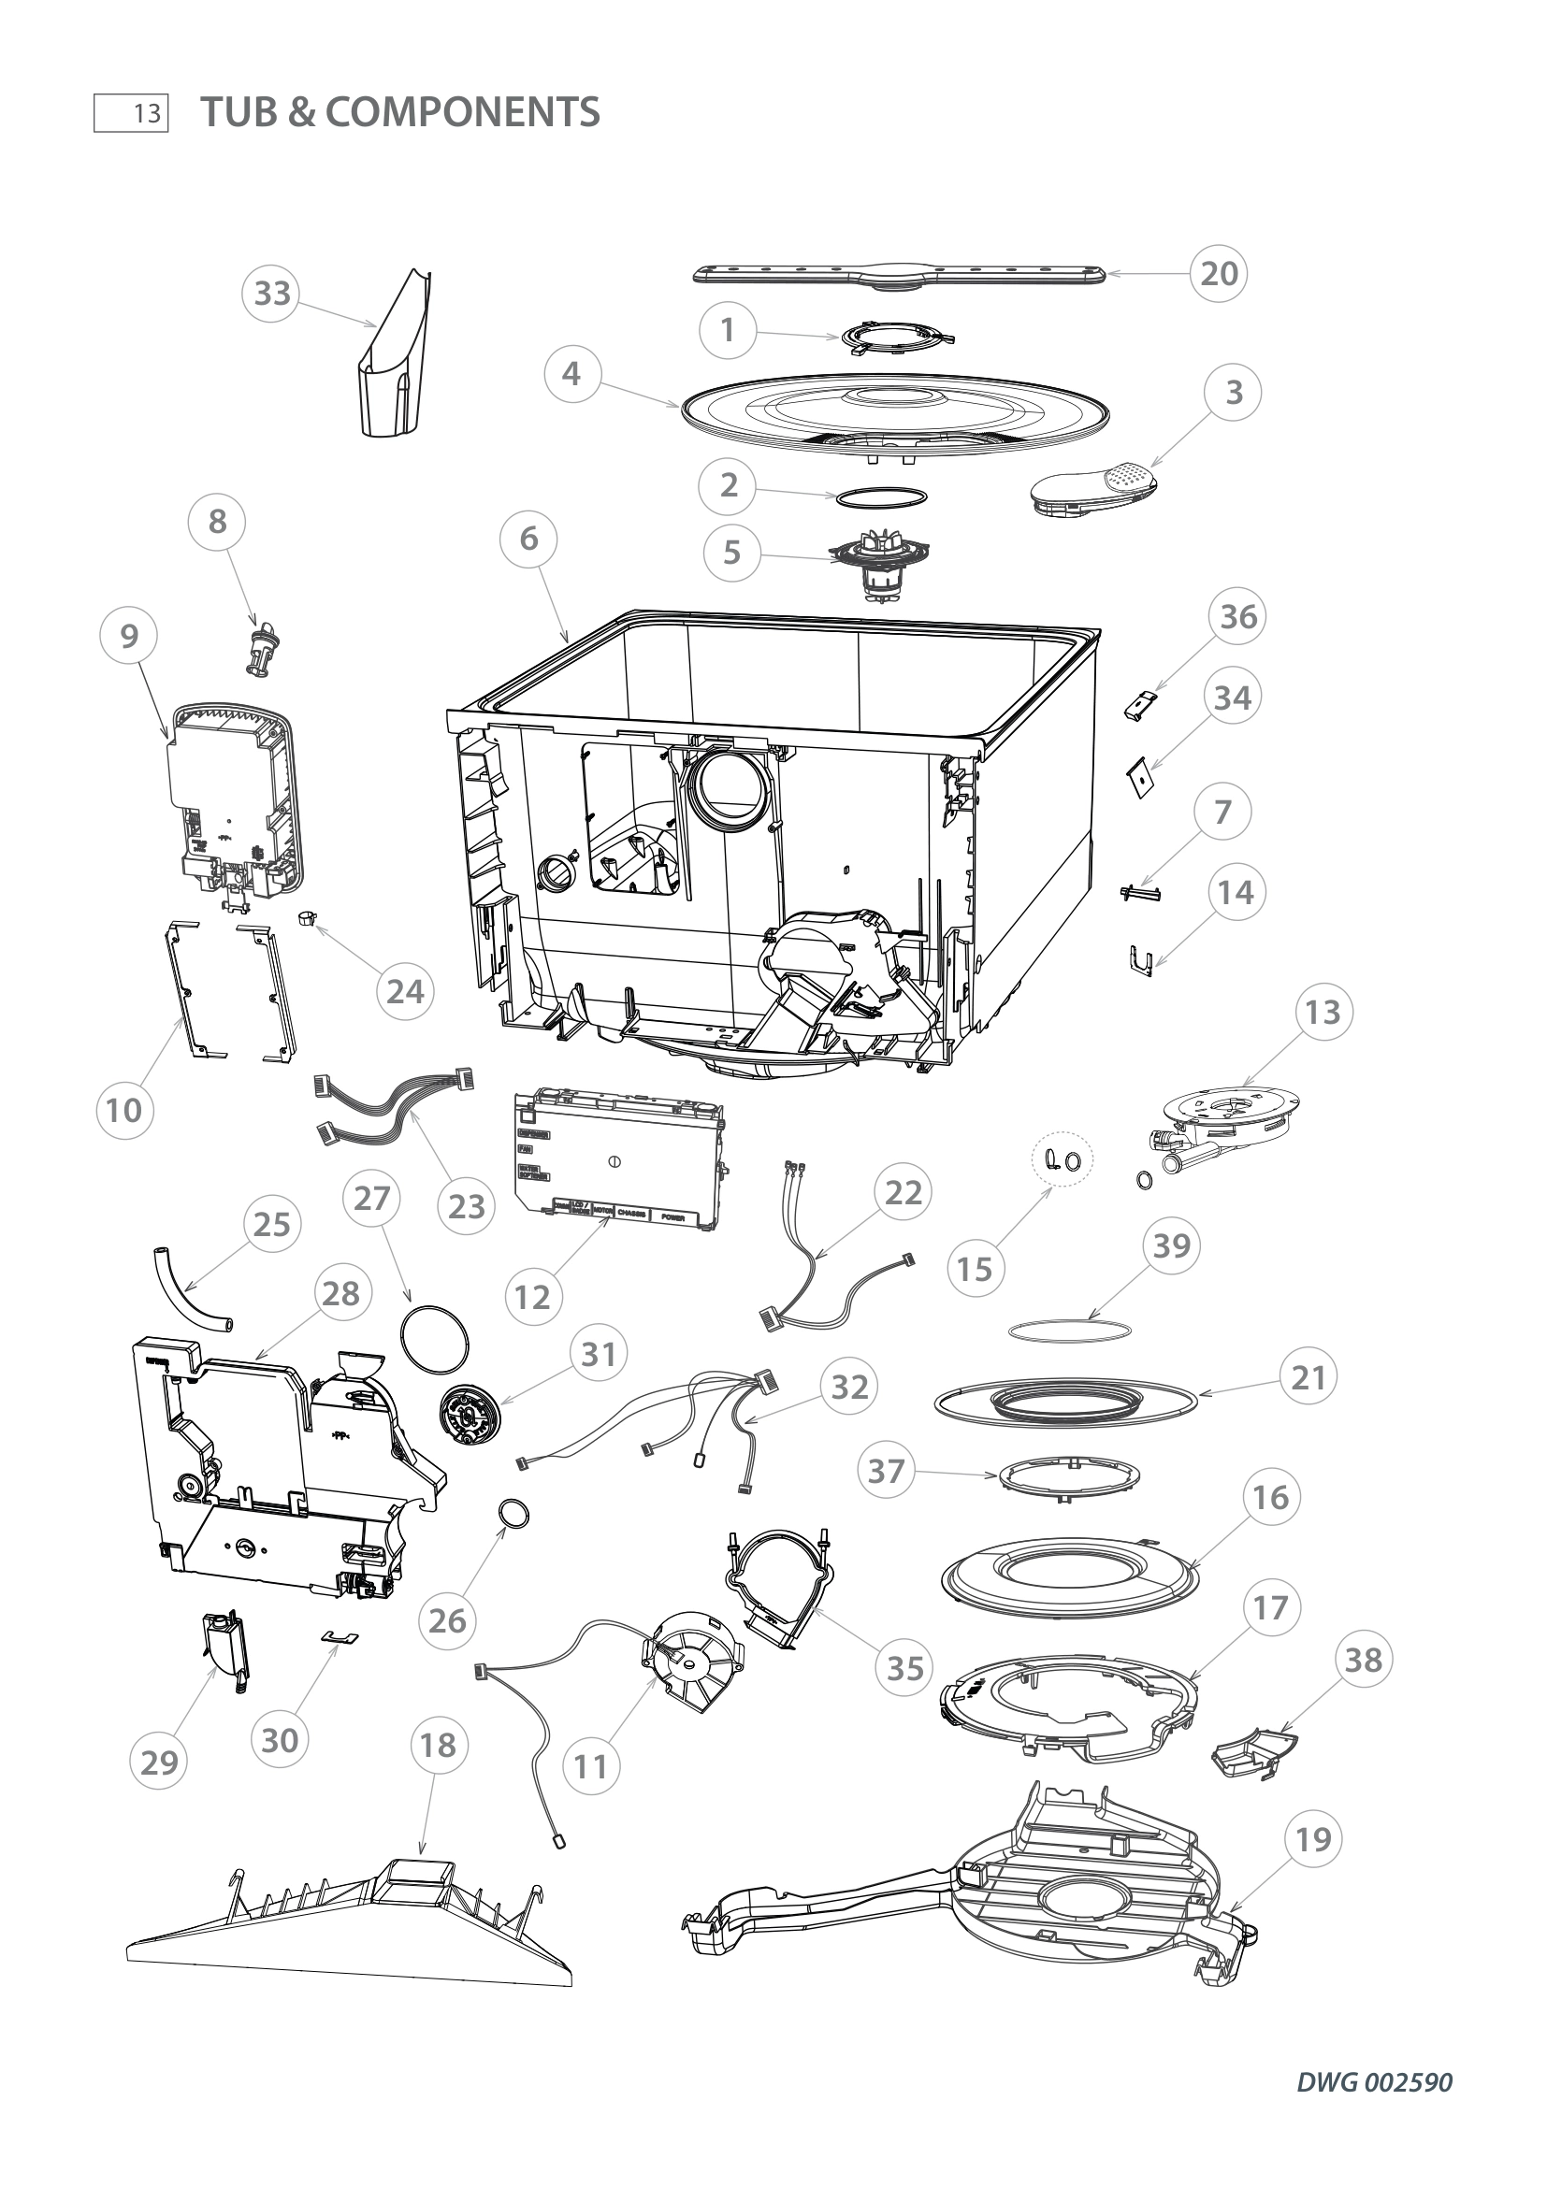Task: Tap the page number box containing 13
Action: click(x=132, y=112)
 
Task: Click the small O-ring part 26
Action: click(x=514, y=1513)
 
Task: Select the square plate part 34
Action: click(x=1139, y=778)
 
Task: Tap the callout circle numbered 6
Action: click(x=528, y=540)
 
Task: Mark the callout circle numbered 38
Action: click(x=1362, y=1659)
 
